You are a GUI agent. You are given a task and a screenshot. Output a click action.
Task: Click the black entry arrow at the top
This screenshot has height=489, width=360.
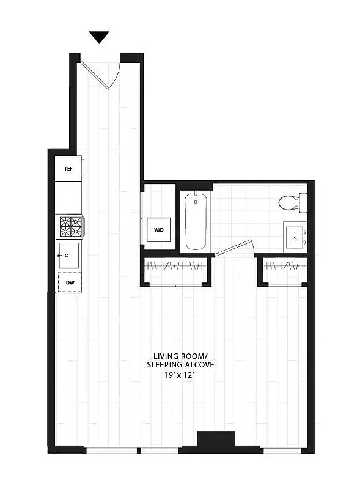click(99, 37)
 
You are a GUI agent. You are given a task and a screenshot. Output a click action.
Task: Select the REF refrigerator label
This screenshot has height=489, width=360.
click(68, 169)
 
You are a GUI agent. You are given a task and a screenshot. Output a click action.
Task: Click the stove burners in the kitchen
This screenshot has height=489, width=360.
click(70, 226)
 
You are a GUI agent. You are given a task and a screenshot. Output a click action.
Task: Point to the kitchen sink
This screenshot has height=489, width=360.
click(68, 254)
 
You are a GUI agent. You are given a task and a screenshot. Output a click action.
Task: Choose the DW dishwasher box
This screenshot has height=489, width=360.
click(69, 282)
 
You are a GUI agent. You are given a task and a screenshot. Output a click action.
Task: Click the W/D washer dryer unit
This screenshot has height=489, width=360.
click(159, 230)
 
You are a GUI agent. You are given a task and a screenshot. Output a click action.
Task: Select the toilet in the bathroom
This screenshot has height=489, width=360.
click(290, 202)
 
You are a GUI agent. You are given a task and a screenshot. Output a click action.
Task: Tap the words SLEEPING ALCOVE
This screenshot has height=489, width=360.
click(180, 365)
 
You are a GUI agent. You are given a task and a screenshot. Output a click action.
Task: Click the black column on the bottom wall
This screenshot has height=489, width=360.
click(216, 440)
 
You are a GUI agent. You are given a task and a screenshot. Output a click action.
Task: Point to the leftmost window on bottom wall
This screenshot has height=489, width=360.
click(111, 450)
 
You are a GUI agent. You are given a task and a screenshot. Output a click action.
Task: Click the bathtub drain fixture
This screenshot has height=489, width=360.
click(196, 200)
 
